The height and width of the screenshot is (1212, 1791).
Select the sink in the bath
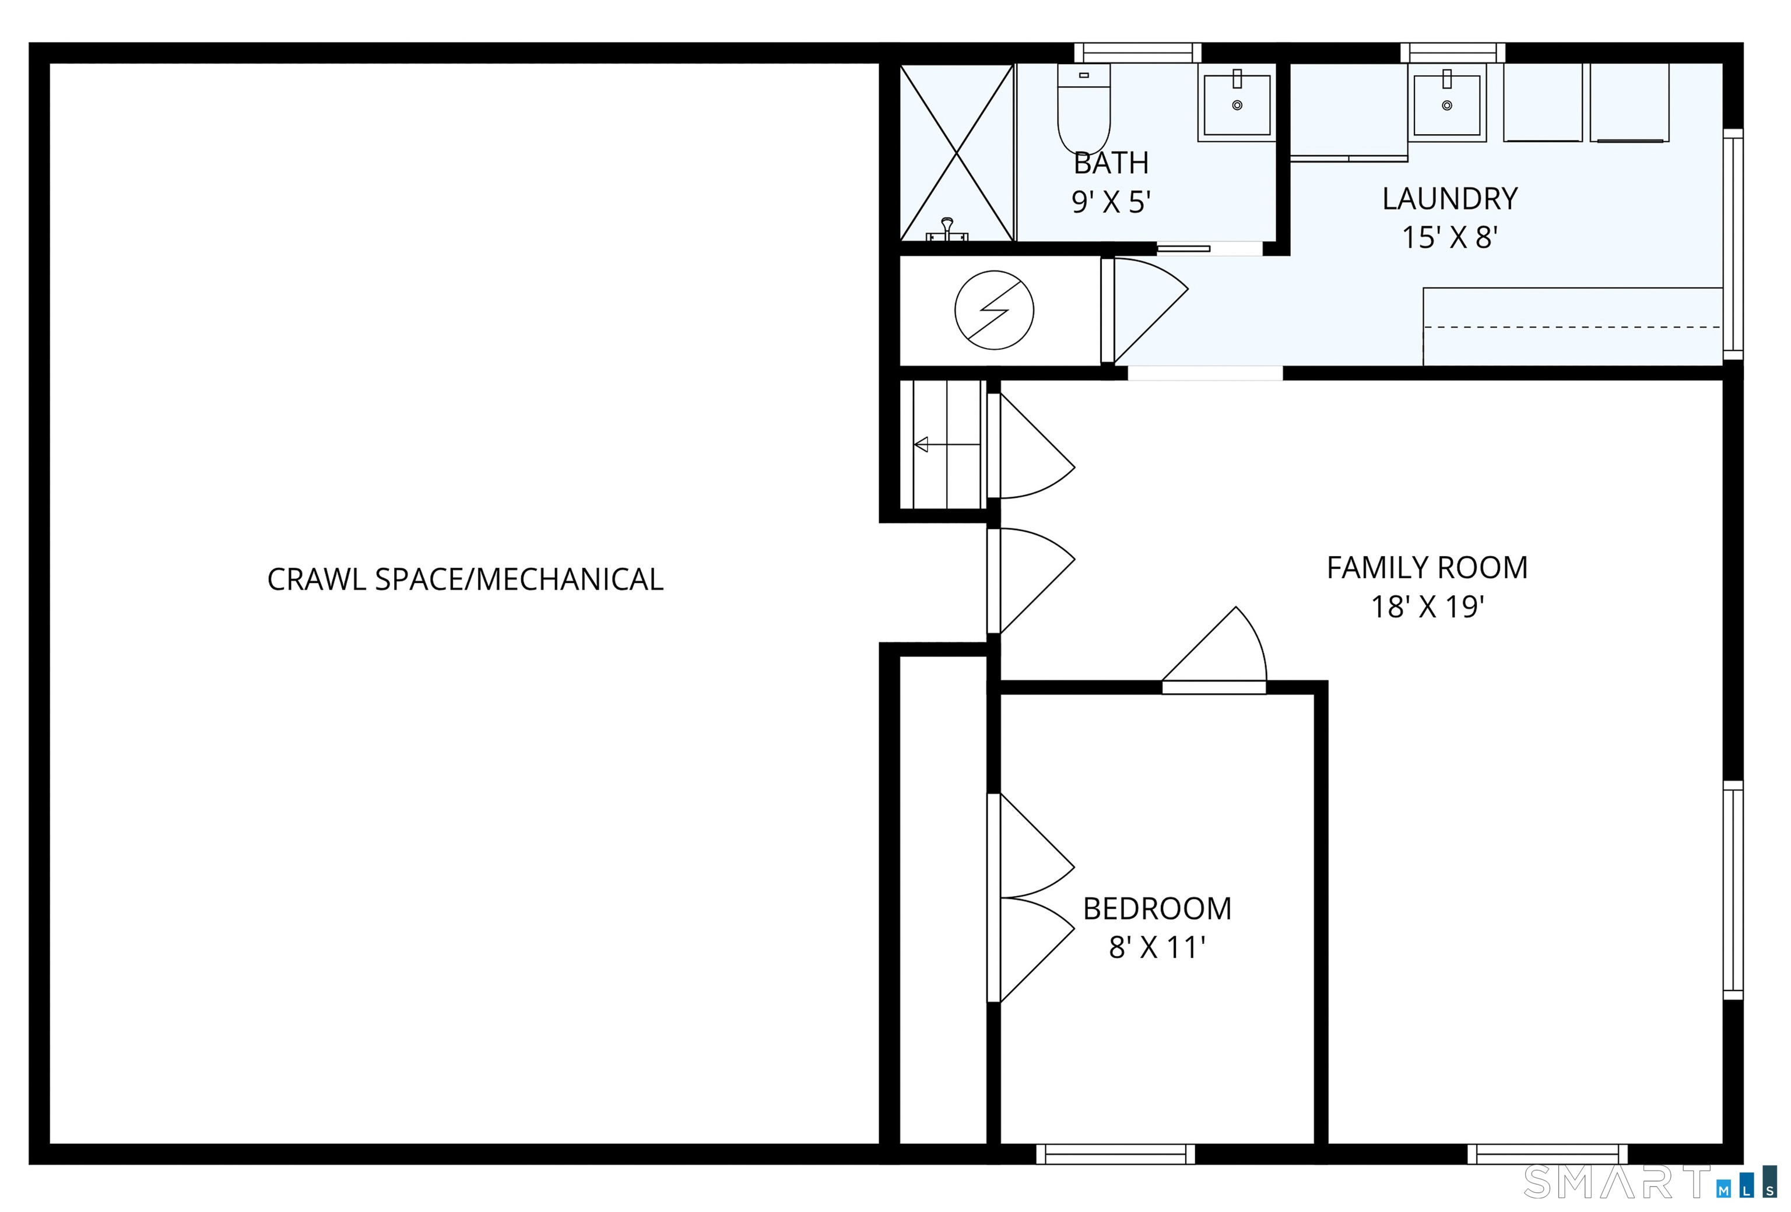[x=1237, y=104]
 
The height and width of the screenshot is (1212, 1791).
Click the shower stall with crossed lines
[x=956, y=153]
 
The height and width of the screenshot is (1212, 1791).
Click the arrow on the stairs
[x=946, y=445]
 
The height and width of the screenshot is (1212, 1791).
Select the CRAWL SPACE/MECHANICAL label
[x=465, y=579]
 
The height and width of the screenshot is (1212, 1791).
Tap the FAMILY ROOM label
[x=1427, y=568]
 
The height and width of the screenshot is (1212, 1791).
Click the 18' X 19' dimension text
[x=1427, y=607]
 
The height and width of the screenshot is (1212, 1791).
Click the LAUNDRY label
[x=1449, y=199]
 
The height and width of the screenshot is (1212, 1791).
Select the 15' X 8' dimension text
[x=1449, y=237]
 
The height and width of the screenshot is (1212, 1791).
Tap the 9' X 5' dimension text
[x=1111, y=202]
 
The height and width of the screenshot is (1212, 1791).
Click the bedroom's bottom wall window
[x=1115, y=1154]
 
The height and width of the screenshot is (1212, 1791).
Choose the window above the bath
[x=1138, y=52]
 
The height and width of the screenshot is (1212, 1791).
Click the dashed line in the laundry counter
[x=1572, y=328]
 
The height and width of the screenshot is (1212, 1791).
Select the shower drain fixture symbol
[x=947, y=230]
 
